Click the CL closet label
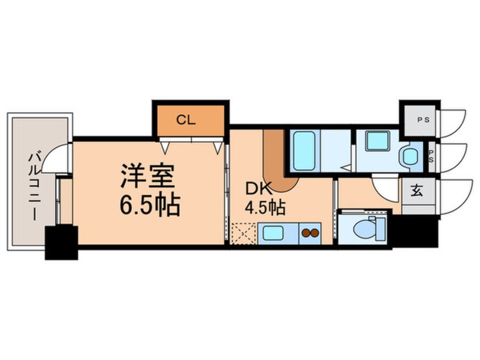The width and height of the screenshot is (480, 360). [x=186, y=120]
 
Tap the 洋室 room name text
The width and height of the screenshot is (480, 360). [x=148, y=176]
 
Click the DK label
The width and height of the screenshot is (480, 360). [x=259, y=189]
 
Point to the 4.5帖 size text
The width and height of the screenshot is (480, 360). [x=265, y=208]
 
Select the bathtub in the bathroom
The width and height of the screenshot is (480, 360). [x=304, y=150]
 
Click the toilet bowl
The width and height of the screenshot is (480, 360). [x=364, y=228]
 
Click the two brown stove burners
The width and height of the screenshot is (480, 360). [x=310, y=233]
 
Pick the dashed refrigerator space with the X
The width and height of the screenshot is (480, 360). [x=243, y=234]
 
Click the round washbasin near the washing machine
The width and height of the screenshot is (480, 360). [x=410, y=157]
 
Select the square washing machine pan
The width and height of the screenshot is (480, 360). [x=378, y=141]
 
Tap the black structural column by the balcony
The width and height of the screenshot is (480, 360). [x=61, y=242]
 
